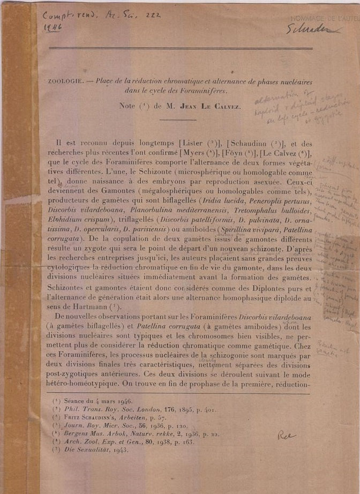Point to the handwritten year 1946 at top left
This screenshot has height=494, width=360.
pos(52,28)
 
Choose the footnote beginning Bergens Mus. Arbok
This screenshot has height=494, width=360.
pos(140,433)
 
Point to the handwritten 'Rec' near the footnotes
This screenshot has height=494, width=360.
pos(287,436)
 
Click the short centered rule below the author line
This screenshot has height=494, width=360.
pos(177,119)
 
